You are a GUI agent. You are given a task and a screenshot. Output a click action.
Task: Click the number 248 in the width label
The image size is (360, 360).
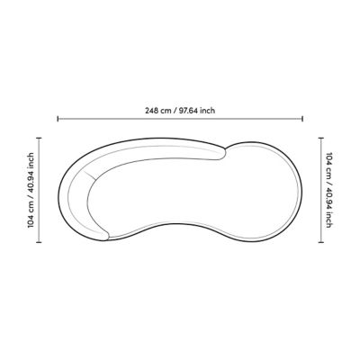tap(152, 111)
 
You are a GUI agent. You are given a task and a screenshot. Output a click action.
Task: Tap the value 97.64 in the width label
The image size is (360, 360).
tap(189, 111)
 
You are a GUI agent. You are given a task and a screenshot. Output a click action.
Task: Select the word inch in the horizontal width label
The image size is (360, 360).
tap(208, 111)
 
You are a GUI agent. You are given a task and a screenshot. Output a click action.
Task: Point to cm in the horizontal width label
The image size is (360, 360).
tap(166, 111)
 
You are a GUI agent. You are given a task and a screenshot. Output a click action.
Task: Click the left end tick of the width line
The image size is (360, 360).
tap(58, 119)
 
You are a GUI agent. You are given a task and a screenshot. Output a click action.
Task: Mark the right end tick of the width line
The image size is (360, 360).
tap(302, 119)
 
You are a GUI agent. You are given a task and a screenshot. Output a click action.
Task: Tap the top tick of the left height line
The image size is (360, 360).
tap(39, 138)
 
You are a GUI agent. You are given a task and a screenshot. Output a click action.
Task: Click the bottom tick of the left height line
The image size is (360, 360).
tap(39, 242)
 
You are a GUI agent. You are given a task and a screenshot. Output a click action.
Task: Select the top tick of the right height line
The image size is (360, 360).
tap(321, 138)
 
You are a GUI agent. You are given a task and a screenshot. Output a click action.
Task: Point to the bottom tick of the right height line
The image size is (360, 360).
tap(321, 242)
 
